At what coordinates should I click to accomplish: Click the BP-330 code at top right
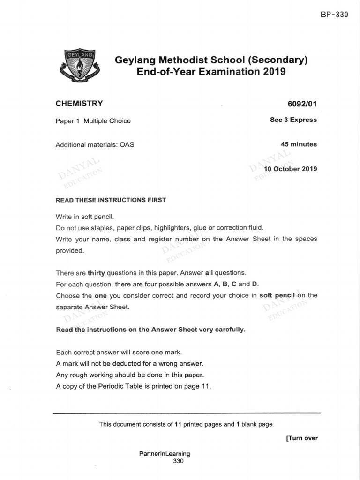click(x=335, y=15)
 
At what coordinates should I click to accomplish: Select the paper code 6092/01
click(x=301, y=104)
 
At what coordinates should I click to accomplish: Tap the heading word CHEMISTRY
click(x=79, y=104)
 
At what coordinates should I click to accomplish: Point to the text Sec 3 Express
click(x=293, y=120)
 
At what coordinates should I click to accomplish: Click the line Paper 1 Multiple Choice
click(x=93, y=121)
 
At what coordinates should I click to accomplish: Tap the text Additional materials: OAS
click(x=95, y=145)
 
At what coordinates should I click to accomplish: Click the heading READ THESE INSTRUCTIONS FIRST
click(x=111, y=200)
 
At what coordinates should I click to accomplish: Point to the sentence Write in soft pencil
click(x=85, y=217)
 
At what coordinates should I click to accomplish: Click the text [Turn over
click(x=301, y=438)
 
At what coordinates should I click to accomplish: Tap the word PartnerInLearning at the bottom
click(x=165, y=454)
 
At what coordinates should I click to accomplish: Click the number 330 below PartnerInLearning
click(x=179, y=461)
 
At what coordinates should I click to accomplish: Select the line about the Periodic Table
click(x=134, y=387)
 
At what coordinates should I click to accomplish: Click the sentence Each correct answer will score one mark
click(x=119, y=352)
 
